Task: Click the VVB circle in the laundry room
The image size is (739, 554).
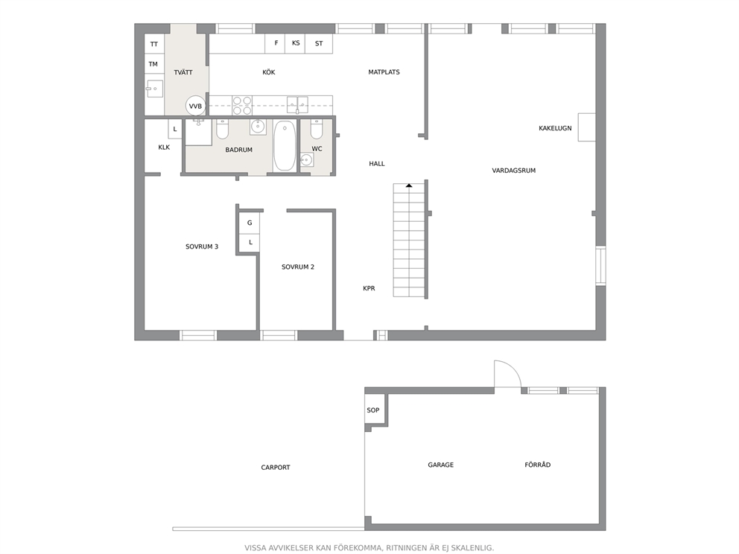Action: coord(195,106)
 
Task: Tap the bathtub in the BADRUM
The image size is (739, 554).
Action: coord(284,146)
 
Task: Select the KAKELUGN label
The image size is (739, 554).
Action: coord(555,128)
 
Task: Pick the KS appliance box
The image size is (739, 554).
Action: coord(296,43)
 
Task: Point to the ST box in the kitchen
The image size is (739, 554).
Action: coord(319,43)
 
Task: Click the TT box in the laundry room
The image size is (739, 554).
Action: coord(154,44)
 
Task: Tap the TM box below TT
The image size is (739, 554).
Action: coord(154,64)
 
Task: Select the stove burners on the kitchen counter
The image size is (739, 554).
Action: coord(242,106)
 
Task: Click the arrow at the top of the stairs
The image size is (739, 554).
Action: coord(409,186)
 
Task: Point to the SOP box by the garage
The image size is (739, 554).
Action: coord(373,410)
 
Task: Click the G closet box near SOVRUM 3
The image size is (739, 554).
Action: coord(250,223)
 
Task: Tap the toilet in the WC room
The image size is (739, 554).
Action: coord(317,130)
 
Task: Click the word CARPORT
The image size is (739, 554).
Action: coord(276,468)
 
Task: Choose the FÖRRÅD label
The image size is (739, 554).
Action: coord(538,465)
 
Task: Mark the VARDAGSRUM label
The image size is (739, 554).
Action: coord(514,171)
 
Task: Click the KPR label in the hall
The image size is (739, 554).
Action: coord(369,288)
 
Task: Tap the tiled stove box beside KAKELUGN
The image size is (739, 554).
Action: coord(587,127)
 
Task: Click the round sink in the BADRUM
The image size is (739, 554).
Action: coord(257,127)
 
